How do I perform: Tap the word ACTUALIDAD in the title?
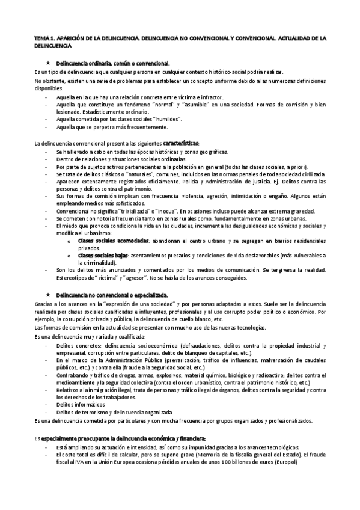(x=297, y=37)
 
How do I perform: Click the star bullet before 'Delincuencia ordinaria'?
(x=47, y=63)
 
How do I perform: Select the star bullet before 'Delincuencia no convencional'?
(x=47, y=295)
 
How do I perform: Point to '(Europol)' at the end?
(x=299, y=463)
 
